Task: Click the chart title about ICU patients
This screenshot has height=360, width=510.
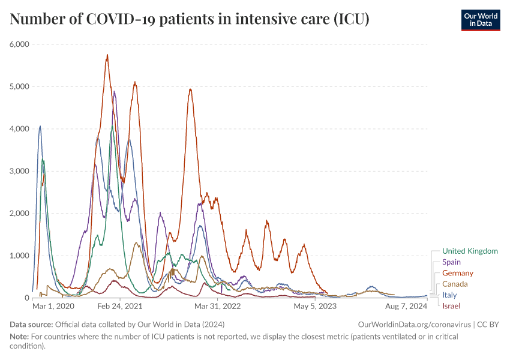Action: coord(190,19)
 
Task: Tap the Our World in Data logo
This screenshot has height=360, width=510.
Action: coord(480,20)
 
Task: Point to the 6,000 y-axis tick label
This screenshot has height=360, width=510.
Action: coord(20,44)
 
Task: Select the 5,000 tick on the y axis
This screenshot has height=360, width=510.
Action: coord(20,86)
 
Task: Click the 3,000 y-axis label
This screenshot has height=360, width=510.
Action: coord(20,171)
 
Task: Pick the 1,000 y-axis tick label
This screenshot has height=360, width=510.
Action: coord(20,256)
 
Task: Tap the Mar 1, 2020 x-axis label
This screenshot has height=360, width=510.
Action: coord(53,306)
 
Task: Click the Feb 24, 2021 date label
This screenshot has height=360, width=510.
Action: coord(120,306)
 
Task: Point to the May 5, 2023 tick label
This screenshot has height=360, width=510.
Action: coord(315,306)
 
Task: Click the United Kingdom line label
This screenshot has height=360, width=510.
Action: coord(470,251)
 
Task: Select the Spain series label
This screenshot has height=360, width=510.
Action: coord(451,262)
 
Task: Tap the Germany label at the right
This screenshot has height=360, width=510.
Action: coord(458,273)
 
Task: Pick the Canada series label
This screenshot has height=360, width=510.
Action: coord(455,284)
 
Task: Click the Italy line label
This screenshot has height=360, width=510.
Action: coord(449,295)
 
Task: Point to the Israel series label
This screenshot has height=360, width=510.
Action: coord(451,306)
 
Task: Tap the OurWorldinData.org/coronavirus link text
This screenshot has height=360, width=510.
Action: coord(413,325)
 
